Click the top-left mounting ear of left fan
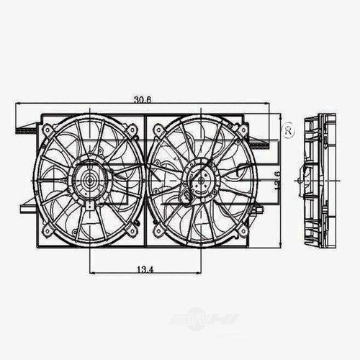(x=48, y=130)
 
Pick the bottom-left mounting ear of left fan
(x=48, y=230)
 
